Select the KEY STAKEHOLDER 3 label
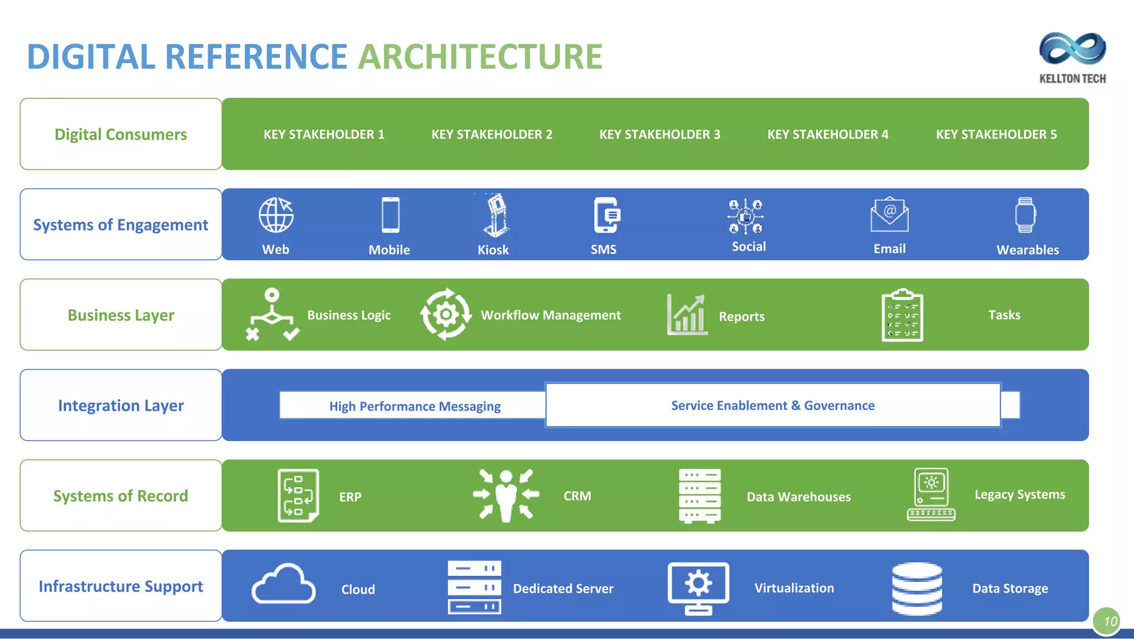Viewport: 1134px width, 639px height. tap(659, 134)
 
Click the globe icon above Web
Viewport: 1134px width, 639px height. tap(276, 215)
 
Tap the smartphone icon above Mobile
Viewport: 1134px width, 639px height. tap(390, 215)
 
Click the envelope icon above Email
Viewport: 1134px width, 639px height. tap(889, 215)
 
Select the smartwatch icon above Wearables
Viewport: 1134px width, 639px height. tap(1025, 215)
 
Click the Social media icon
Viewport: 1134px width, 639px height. tap(746, 216)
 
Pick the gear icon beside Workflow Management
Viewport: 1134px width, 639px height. tap(446, 314)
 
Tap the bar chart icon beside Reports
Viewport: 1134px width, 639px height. tap(687, 315)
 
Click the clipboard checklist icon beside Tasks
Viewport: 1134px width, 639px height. tap(902, 315)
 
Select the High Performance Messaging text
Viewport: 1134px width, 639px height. tap(415, 406)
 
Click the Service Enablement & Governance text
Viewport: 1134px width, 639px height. tap(772, 406)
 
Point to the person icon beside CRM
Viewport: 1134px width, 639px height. tap(506, 495)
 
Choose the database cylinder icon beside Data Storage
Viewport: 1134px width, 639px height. tap(917, 588)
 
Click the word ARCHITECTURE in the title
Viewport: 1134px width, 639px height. tap(480, 57)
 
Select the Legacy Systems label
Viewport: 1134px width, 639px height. tap(1019, 494)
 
